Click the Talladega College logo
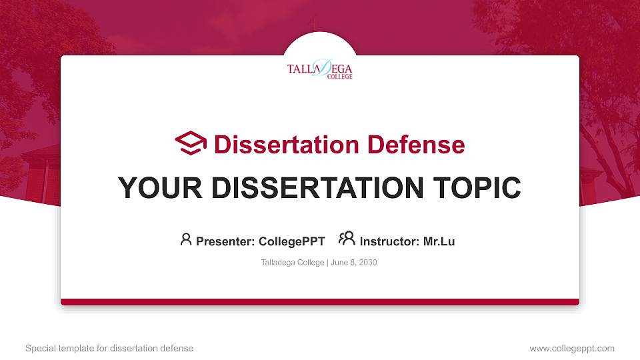pyautogui.click(x=319, y=69)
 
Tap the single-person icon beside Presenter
pyautogui.click(x=186, y=239)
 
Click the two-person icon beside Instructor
pyautogui.click(x=347, y=239)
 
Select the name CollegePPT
pyautogui.click(x=291, y=241)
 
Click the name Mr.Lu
pyautogui.click(x=439, y=241)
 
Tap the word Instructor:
pyautogui.click(x=389, y=241)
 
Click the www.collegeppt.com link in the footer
pyautogui.click(x=572, y=348)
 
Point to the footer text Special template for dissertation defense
pyautogui.click(x=109, y=348)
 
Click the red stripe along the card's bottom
pyautogui.click(x=320, y=302)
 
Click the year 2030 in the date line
pyautogui.click(x=368, y=263)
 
